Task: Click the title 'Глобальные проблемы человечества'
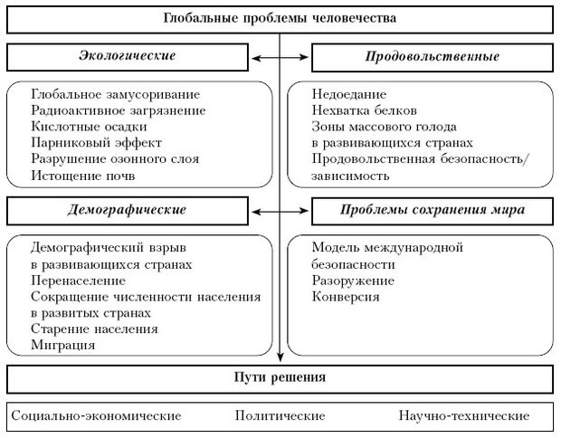point(280,18)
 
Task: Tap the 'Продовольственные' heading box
point(433,57)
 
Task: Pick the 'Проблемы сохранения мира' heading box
point(433,210)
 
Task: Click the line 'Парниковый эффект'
point(82,143)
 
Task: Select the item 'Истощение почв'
point(74,176)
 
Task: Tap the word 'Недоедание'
point(349,94)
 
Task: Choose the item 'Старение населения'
point(94,328)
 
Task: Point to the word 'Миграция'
point(62,345)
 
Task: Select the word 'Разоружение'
point(352,280)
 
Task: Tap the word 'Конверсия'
point(345,296)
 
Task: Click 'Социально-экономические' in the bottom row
point(97,416)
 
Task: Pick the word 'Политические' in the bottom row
point(280,416)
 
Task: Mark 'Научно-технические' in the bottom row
point(463,416)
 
